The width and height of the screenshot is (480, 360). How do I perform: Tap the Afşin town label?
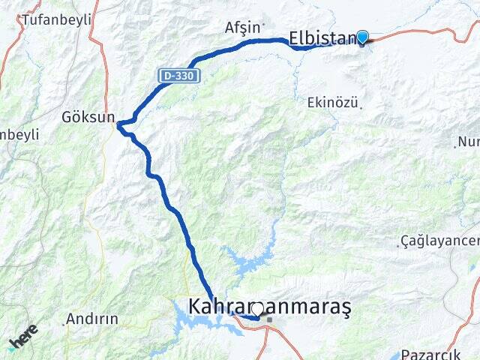coord(241,28)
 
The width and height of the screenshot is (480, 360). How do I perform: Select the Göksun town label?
coord(88,117)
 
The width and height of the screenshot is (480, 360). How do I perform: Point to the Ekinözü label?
coord(332,103)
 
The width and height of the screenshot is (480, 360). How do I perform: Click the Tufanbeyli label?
coord(55,19)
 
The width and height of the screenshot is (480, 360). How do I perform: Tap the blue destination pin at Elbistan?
coord(362,37)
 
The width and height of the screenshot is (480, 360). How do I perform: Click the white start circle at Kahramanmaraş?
coord(256,308)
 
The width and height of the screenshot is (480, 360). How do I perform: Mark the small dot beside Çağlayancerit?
coord(398,244)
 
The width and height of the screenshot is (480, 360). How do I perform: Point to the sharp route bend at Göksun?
coord(119,124)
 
